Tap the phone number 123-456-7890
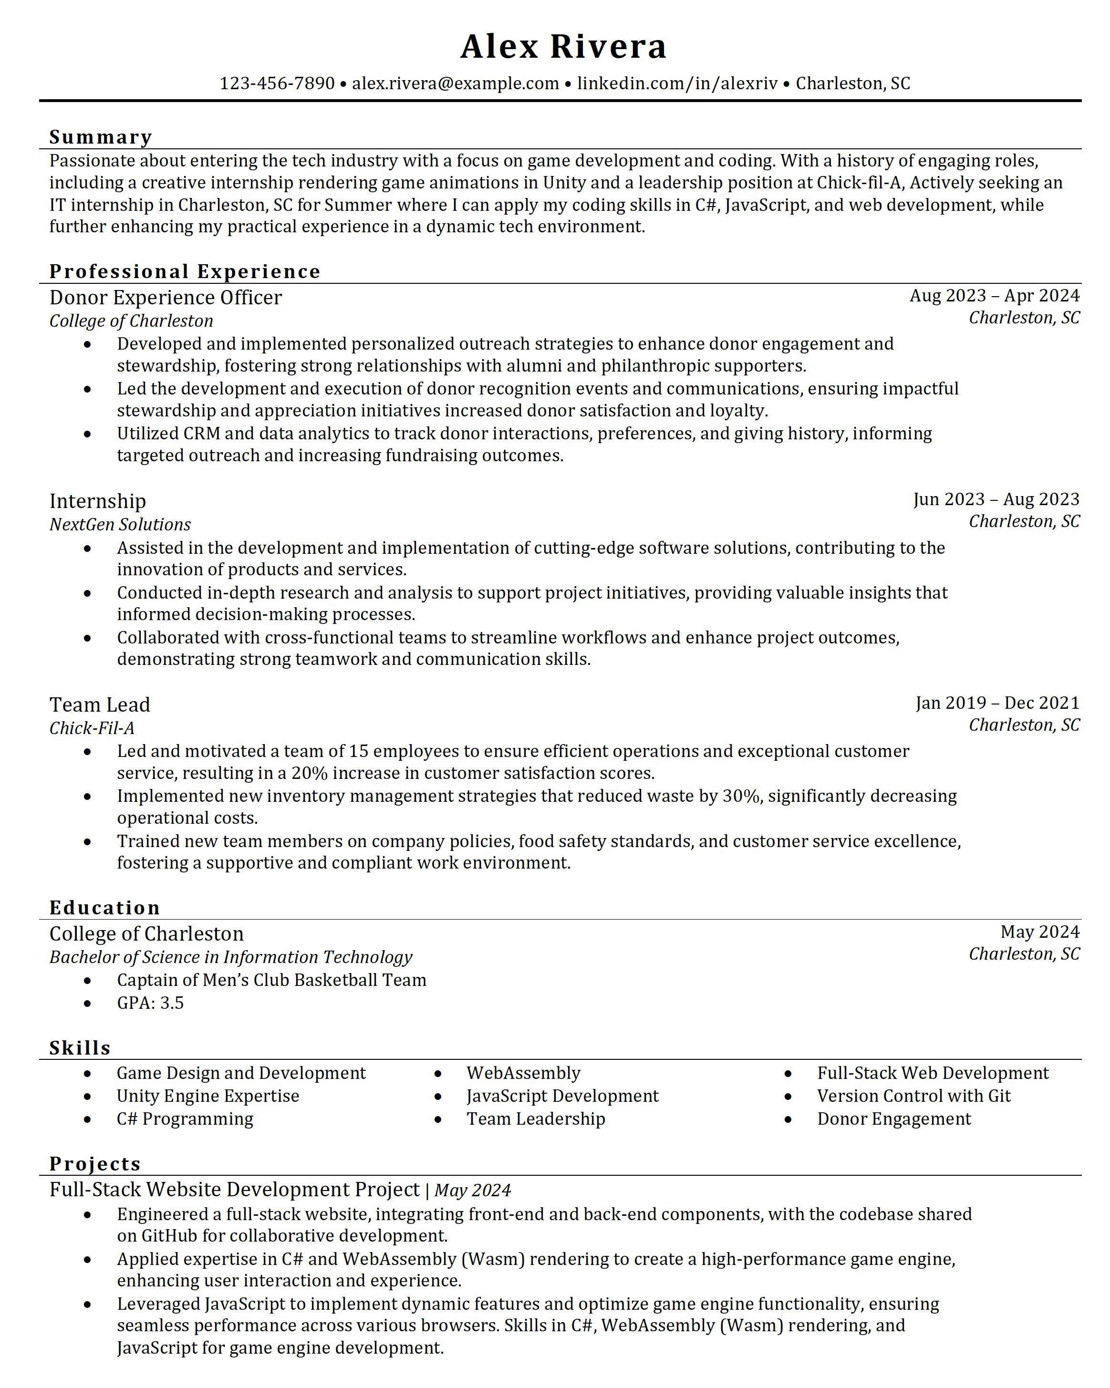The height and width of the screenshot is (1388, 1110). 277,83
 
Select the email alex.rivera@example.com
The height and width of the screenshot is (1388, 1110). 455,83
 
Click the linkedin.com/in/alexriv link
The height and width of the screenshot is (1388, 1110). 677,83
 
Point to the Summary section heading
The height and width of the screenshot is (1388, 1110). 101,137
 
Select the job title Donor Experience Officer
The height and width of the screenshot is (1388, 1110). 166,298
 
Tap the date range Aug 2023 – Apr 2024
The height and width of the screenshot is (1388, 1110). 994,296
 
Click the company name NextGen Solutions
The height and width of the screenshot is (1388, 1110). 120,525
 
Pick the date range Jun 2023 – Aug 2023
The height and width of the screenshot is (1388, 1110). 996,499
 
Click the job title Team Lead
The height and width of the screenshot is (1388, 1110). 100,705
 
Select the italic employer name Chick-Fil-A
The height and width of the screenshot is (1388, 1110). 92,728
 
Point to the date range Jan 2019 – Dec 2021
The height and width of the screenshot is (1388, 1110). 996,703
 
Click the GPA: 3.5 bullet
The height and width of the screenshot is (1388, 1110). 150,1003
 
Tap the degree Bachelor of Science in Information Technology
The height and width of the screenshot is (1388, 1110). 230,957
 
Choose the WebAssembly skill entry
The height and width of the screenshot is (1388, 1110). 523,1073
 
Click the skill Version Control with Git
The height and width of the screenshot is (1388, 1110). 913,1097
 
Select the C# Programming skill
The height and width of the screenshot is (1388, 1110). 185,1119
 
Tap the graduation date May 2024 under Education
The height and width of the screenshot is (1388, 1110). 1039,932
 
